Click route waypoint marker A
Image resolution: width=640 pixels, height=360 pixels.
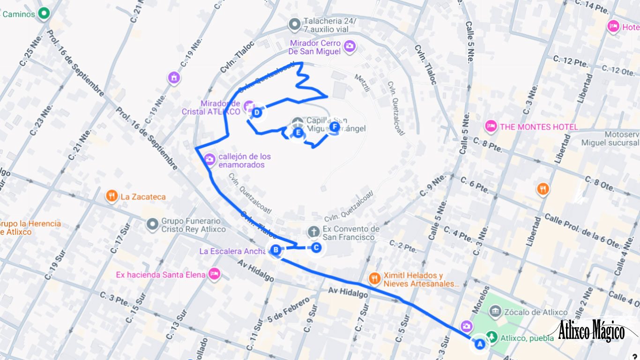(479, 344)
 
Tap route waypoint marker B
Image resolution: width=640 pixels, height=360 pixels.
(276, 250)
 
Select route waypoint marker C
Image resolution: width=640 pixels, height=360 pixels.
(316, 247)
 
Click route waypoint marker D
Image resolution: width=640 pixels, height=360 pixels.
(257, 112)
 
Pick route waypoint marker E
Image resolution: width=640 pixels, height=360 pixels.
(298, 133)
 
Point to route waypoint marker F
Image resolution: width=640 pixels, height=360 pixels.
(334, 127)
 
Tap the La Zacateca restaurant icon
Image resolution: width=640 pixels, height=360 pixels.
(112, 196)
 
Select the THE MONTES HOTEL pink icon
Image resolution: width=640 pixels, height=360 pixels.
(491, 127)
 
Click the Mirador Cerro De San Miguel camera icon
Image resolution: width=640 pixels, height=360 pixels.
(350, 46)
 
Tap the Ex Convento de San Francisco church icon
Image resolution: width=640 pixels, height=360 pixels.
(313, 232)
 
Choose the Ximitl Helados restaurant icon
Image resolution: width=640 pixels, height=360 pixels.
(374, 279)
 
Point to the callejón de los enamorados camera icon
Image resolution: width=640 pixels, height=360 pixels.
(210, 160)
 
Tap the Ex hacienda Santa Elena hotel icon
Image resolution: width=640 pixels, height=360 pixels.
(215, 274)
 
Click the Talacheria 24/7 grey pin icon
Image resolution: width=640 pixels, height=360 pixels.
(294, 24)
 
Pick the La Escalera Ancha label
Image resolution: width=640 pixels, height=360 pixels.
(232, 251)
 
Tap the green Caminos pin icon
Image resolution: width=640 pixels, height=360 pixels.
(44, 14)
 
